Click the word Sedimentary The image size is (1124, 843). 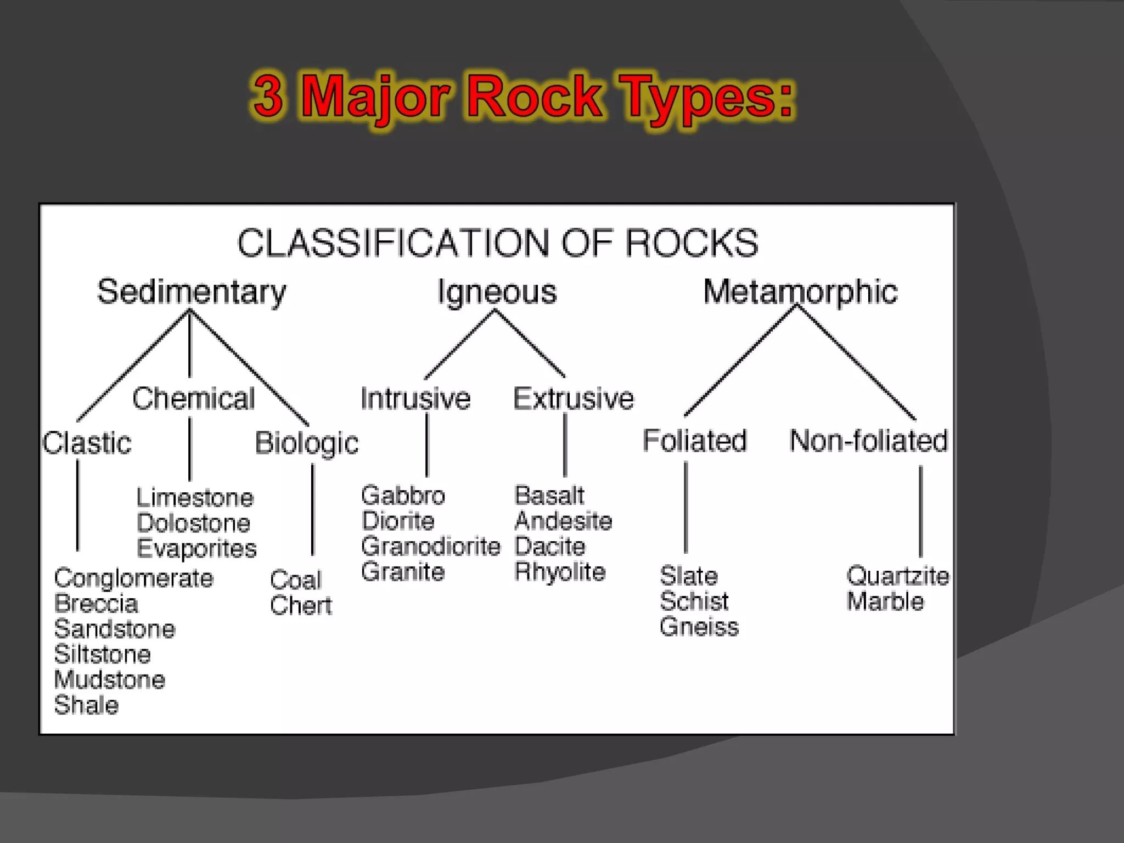click(x=192, y=292)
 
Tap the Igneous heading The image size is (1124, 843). click(x=497, y=292)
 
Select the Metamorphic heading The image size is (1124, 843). click(x=800, y=291)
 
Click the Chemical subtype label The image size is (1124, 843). click(x=194, y=398)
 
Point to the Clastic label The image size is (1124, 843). click(x=88, y=443)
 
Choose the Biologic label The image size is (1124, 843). click(x=306, y=443)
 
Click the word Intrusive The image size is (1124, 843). click(x=415, y=398)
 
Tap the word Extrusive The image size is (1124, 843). click(x=574, y=398)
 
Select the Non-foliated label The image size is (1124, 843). click(x=868, y=441)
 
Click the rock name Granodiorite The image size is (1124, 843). click(x=431, y=547)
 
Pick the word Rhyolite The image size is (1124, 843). click(x=560, y=572)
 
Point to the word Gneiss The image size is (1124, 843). click(x=699, y=627)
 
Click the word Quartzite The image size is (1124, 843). click(x=898, y=576)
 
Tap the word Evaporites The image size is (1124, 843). click(x=196, y=549)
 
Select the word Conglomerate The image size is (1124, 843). click(x=134, y=578)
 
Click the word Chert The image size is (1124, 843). click(x=301, y=606)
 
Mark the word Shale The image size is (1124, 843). click(x=87, y=705)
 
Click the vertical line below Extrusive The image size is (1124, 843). click(x=565, y=445)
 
